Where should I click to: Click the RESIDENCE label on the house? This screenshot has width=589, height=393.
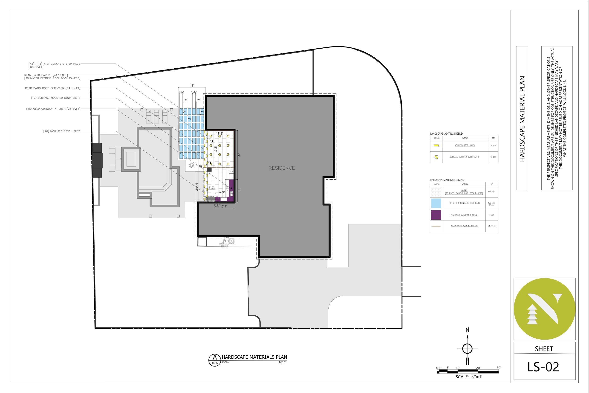pos(282,168)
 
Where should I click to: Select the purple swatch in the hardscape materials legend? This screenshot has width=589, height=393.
pos(436,215)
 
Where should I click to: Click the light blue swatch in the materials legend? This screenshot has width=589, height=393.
pos(436,203)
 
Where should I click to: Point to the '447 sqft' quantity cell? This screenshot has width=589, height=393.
pos(491,192)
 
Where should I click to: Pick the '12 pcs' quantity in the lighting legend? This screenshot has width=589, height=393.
pos(493,157)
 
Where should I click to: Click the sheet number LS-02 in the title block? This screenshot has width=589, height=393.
pos(543,367)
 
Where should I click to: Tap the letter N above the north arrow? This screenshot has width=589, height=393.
pos(467,330)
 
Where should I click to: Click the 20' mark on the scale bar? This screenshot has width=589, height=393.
pos(478,368)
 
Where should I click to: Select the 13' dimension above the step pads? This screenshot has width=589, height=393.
pos(192,86)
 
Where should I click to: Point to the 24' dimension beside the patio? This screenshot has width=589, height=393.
pos(239,155)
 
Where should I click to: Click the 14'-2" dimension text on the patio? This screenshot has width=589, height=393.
pos(219,134)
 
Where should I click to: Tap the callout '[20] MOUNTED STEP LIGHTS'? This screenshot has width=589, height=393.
pos(62,131)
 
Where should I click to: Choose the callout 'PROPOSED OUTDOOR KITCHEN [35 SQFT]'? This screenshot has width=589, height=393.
pos(53,109)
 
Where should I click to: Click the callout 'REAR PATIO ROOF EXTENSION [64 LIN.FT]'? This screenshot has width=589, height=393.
pos(53,88)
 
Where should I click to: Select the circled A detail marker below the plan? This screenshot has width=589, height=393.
pos(215,360)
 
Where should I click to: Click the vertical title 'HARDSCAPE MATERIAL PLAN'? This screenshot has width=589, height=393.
pos(522,119)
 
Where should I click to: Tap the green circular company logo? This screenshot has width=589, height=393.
pos(544,309)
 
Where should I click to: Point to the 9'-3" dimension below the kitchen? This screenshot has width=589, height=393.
pos(224,207)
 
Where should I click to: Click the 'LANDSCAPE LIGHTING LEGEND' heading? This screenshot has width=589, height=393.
pos(447,134)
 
